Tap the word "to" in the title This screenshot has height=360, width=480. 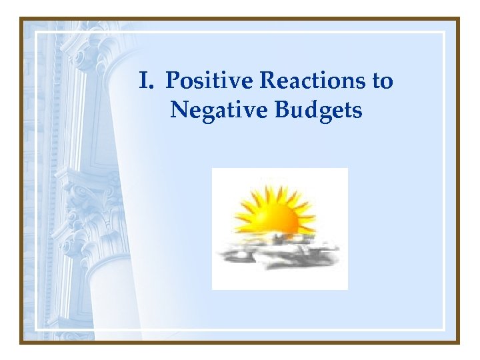point(383,81)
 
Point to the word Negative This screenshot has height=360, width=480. point(213,109)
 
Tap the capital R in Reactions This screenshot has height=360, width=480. point(266,81)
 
